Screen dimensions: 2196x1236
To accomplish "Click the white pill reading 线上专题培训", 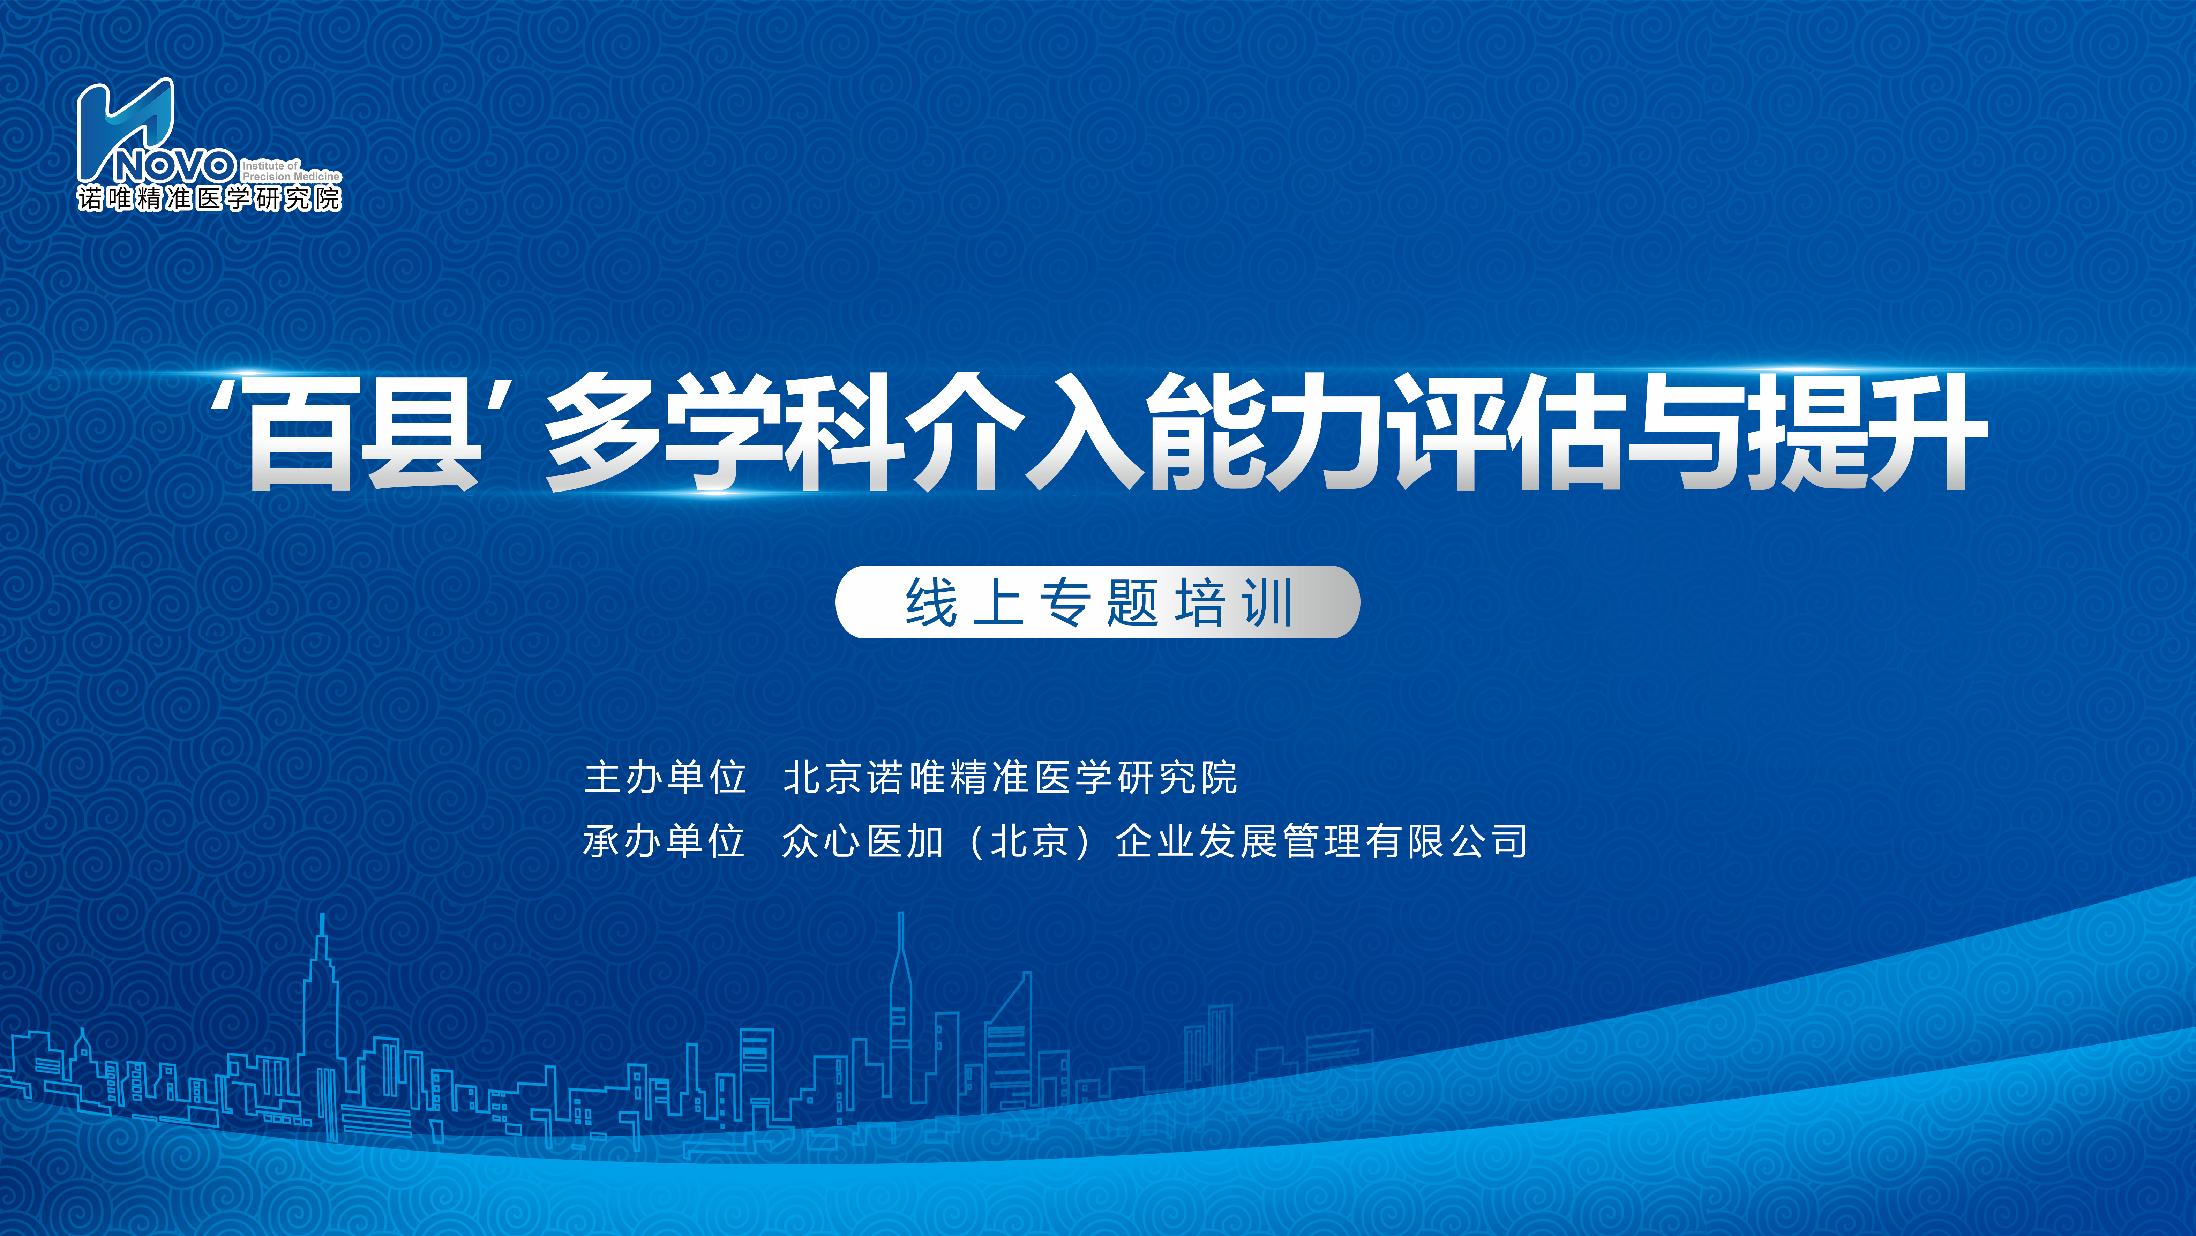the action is click(x=1097, y=602).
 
